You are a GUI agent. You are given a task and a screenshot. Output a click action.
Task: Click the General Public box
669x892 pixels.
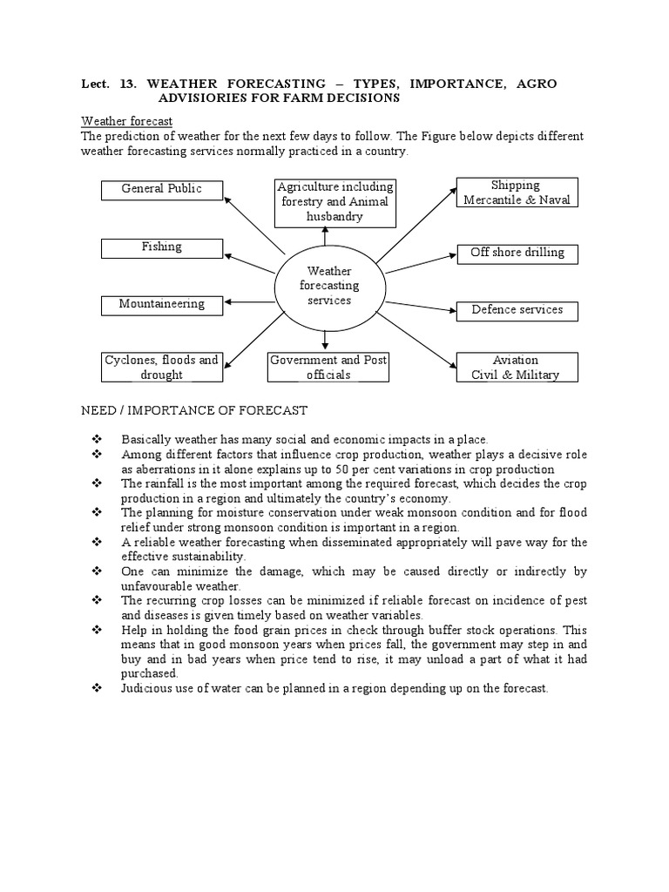pos(162,189)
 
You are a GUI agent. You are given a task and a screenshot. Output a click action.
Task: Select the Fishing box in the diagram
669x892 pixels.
pos(162,247)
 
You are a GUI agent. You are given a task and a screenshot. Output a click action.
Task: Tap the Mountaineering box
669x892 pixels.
pos(162,305)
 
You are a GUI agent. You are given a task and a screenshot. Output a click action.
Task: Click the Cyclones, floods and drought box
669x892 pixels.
pos(162,367)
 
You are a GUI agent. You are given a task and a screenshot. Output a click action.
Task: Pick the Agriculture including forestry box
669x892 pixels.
pos(335,202)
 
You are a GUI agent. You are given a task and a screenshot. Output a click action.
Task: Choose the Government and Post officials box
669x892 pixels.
pos(328,367)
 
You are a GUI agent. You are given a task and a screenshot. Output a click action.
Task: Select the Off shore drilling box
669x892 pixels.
pos(517,253)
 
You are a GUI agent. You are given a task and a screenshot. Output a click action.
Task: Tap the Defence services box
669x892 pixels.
pos(517,310)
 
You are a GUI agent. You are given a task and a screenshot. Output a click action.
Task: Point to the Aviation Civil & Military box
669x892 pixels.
pos(516,367)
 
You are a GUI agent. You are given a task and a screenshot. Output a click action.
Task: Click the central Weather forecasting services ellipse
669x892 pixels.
pos(329,287)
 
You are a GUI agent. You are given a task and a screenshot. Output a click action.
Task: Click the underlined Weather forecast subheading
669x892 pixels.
pos(126,120)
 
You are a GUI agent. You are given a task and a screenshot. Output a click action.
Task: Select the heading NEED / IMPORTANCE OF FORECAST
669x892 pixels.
pos(194,409)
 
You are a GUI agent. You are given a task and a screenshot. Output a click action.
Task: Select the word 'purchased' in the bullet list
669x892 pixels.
pos(150,673)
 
